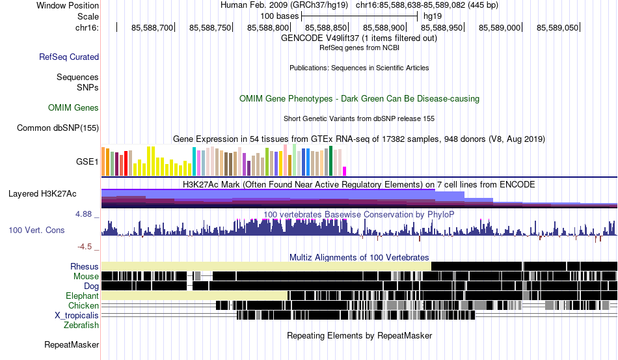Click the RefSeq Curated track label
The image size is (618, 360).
(x=69, y=57)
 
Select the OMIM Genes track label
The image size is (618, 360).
(x=74, y=108)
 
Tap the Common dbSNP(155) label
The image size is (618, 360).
(x=58, y=128)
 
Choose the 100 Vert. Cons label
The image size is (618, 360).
(x=36, y=230)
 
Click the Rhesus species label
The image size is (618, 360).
(x=85, y=267)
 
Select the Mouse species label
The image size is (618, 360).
(x=87, y=277)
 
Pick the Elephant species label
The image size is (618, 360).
(x=82, y=296)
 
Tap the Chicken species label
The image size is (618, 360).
(x=84, y=306)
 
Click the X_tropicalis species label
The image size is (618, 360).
(x=77, y=316)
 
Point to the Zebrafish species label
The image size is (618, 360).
(x=81, y=325)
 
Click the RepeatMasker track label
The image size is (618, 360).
(x=72, y=345)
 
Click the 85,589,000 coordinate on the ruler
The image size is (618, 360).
(x=500, y=28)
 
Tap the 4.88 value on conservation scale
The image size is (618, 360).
(x=87, y=214)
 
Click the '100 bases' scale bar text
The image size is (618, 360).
(x=280, y=16)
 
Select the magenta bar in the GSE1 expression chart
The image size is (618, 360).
(x=345, y=171)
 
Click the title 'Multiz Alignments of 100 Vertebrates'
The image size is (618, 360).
(x=359, y=257)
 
